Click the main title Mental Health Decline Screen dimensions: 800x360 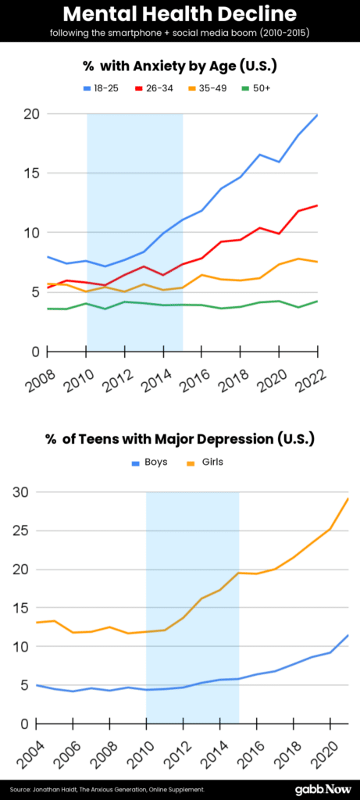coord(180,15)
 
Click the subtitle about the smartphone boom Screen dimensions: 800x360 coord(180,33)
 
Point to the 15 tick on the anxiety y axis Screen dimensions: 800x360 coord(30,173)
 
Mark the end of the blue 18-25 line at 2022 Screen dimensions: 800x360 coord(317,115)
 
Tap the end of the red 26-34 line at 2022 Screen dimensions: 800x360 coord(317,205)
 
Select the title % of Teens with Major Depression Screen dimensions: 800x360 coord(180,438)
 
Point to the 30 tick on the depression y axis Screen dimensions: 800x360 coord(19,492)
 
